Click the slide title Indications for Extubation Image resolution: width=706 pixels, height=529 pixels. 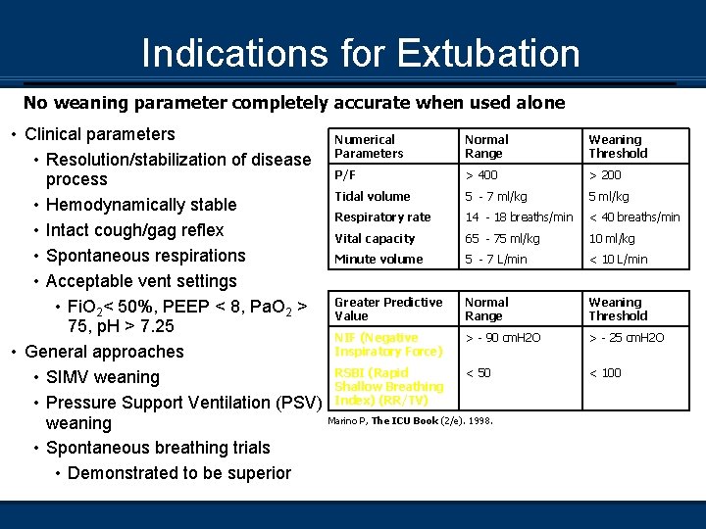coord(360,53)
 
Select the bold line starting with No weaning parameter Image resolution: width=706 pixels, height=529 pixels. coord(294,103)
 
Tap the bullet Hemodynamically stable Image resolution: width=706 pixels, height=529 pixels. coord(141,205)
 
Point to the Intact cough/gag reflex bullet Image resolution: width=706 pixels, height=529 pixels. coord(135,230)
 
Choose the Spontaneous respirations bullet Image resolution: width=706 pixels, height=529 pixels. coord(146,256)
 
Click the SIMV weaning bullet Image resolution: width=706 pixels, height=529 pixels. coord(103,377)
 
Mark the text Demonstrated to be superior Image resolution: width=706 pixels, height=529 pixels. coord(179,473)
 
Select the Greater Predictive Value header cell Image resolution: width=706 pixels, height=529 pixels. coord(388,310)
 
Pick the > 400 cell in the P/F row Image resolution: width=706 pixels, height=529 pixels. coord(481,175)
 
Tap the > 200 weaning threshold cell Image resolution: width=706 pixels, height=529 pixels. coord(605,175)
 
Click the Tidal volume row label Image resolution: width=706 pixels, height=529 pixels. coord(373,196)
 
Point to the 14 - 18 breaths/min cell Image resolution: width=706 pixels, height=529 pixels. coord(519,216)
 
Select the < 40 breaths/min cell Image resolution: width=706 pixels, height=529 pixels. coord(634,216)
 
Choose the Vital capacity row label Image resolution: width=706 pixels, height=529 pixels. coord(375,238)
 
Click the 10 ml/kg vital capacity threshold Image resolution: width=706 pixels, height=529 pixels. coord(612,238)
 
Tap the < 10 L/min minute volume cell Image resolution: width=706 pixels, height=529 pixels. coord(618,259)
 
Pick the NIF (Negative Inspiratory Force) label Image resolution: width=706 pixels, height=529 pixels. coord(388,345)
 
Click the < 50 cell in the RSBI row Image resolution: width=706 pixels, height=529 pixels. coord(479,372)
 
